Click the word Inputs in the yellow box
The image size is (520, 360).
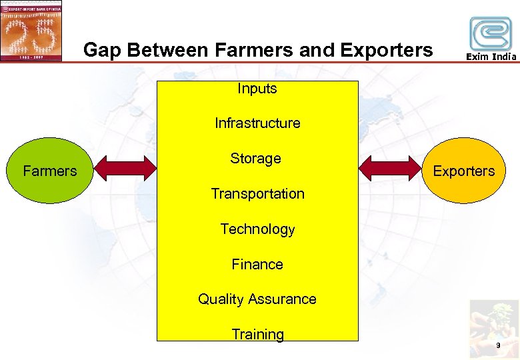tap(257, 89)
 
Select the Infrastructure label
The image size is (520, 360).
tap(257, 123)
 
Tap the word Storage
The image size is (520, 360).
tap(255, 159)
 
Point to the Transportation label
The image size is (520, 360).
tap(257, 194)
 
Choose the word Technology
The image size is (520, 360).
tap(257, 229)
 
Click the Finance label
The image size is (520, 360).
tap(257, 265)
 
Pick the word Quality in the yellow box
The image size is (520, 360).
tap(220, 299)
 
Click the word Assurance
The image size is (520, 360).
tap(281, 299)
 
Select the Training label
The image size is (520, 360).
tap(257, 335)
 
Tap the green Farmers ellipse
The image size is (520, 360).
tap(50, 171)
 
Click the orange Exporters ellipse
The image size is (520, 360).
tap(463, 171)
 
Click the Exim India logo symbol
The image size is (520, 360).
tap(491, 33)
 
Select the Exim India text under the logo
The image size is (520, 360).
tap(491, 57)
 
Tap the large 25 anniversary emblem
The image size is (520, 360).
tap(31, 30)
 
